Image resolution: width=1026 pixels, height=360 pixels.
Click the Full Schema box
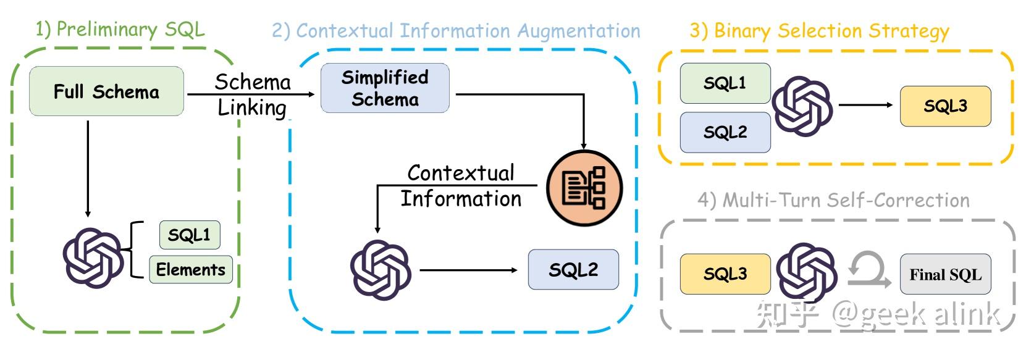(x=106, y=91)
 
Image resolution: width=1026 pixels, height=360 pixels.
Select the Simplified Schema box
(x=385, y=88)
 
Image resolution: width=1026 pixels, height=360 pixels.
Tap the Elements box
(x=190, y=269)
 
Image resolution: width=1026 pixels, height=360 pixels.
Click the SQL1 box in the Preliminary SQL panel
(x=189, y=235)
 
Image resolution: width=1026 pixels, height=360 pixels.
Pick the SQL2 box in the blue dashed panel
(x=573, y=269)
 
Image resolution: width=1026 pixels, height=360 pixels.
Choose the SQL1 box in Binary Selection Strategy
(x=725, y=83)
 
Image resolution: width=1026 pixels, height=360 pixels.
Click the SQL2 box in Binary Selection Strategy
(x=725, y=132)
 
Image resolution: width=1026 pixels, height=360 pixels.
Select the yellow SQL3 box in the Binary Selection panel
(x=945, y=106)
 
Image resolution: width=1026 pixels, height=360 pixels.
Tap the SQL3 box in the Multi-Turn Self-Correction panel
(x=725, y=274)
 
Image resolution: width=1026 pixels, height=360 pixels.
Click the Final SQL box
(x=945, y=274)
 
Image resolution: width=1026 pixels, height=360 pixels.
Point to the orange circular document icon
(x=584, y=188)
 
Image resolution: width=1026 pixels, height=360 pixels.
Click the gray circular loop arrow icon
(x=868, y=272)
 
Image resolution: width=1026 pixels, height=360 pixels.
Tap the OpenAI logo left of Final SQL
(x=806, y=272)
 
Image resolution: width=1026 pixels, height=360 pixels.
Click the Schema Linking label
(x=252, y=94)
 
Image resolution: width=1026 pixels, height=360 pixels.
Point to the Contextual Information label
(x=460, y=186)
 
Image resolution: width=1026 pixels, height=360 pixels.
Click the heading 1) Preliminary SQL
(x=120, y=29)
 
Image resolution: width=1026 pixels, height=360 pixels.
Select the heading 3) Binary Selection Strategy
(x=819, y=30)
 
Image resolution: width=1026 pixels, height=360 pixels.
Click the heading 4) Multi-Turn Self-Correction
(x=833, y=200)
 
